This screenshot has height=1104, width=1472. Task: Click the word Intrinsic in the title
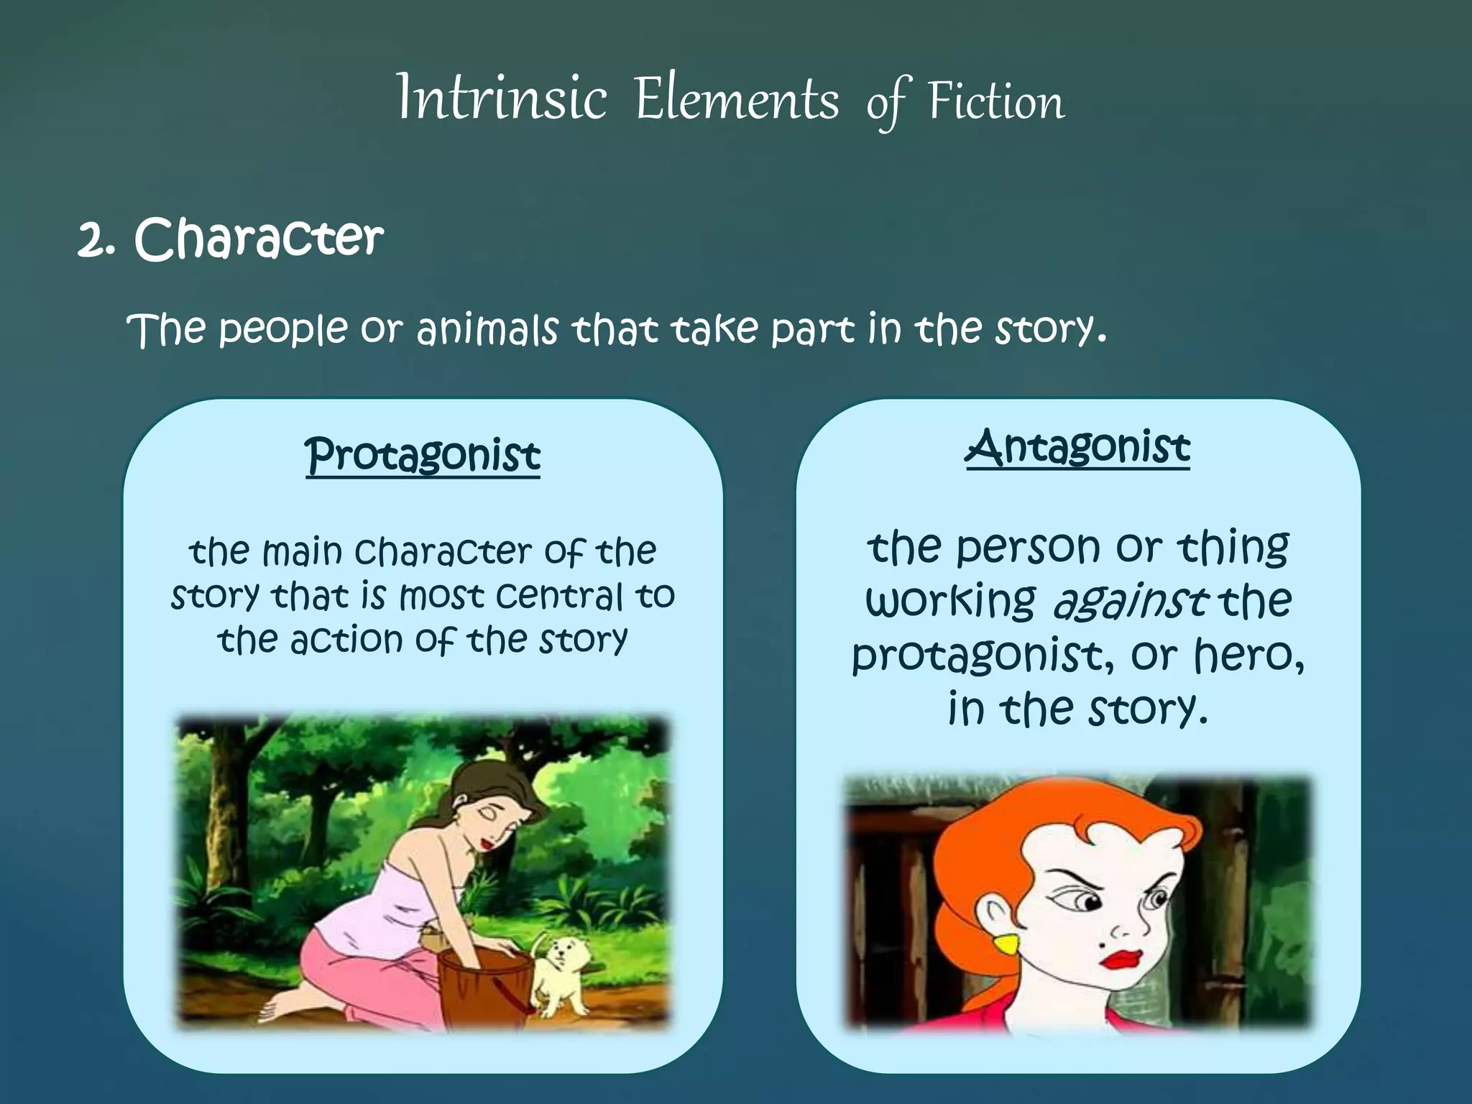pyautogui.click(x=502, y=99)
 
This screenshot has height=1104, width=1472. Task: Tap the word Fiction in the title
pyautogui.click(x=995, y=101)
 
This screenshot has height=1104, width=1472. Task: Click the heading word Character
pyautogui.click(x=259, y=239)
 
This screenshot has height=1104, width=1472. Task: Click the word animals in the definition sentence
pyautogui.click(x=487, y=331)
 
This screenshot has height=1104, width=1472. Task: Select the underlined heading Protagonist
pyautogui.click(x=423, y=456)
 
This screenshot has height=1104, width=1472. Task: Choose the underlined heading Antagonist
pyautogui.click(x=1077, y=448)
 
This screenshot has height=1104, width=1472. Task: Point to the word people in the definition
pyautogui.click(x=282, y=331)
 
